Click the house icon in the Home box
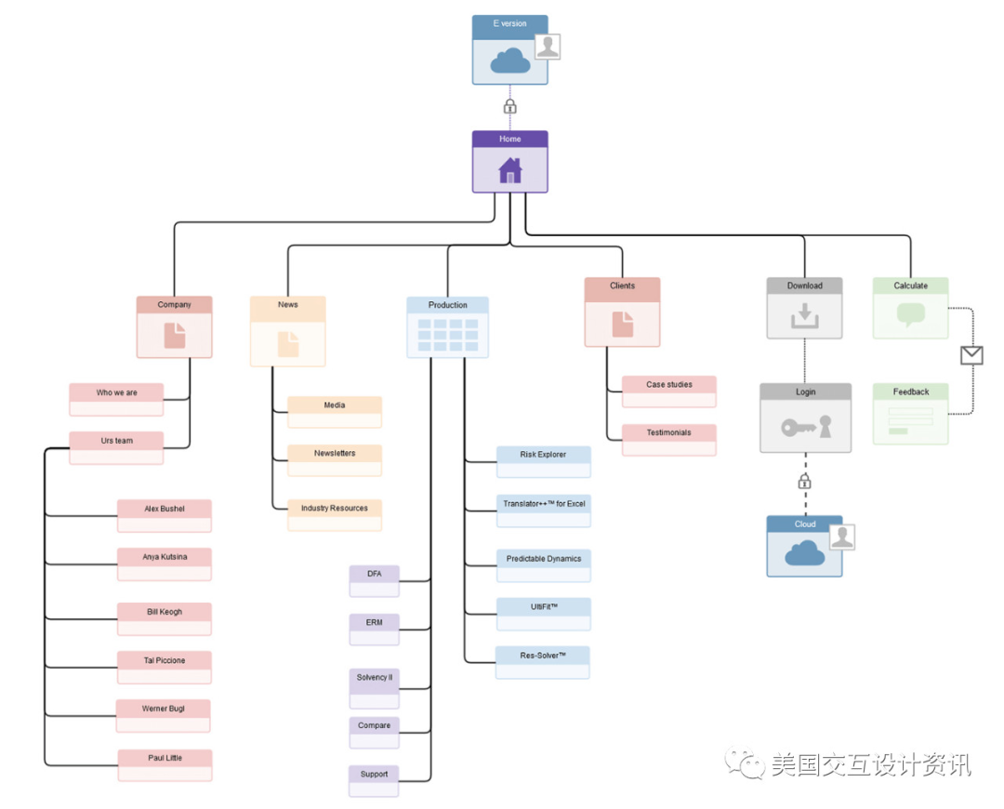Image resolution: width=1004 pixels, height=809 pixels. (509, 171)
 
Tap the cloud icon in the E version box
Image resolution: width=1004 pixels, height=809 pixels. (509, 61)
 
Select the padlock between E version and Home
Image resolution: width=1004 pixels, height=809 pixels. (509, 106)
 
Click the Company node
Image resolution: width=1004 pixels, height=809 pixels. (174, 326)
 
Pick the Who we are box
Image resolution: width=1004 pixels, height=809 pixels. (116, 399)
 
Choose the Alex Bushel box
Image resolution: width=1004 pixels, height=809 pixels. (165, 515)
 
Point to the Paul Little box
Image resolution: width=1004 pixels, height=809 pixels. (165, 764)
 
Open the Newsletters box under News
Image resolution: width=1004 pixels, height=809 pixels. (335, 459)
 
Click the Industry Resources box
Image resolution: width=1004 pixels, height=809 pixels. (335, 514)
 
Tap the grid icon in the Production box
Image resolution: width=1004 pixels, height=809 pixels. (447, 335)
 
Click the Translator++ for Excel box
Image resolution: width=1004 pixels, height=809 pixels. (543, 511)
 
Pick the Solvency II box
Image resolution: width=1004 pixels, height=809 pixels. (375, 683)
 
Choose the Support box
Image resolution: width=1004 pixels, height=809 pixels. (375, 780)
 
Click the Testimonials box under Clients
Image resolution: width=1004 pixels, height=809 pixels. (669, 439)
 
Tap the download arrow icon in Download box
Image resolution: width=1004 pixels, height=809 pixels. (804, 317)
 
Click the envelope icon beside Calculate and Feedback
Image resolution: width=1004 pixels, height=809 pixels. (971, 354)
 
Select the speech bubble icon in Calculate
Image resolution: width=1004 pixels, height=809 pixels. (910, 315)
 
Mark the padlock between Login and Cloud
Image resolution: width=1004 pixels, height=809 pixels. (805, 481)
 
